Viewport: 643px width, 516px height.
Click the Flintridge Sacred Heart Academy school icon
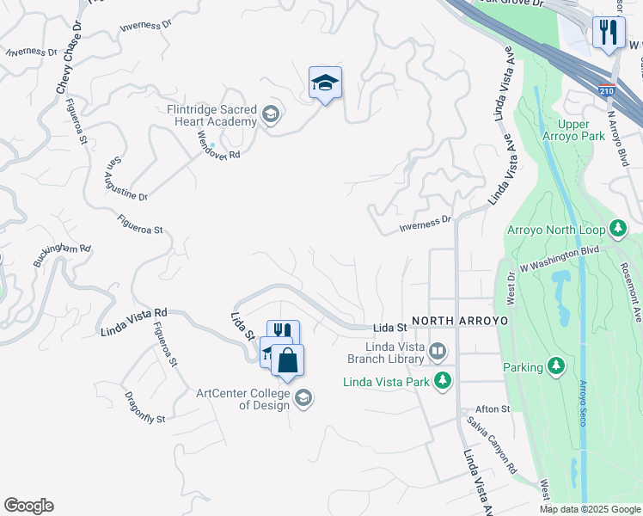click(x=271, y=114)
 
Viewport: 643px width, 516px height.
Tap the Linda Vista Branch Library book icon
click(x=438, y=350)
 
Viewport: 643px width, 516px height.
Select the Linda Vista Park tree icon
click(x=443, y=380)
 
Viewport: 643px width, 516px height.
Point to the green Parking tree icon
click(x=556, y=367)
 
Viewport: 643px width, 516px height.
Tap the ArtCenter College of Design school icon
click(x=303, y=397)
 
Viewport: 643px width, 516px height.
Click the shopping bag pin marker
click(x=287, y=360)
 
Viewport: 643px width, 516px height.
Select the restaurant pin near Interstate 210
click(x=609, y=34)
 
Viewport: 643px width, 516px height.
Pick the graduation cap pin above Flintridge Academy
click(x=325, y=83)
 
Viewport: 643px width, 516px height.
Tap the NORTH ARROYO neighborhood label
click(x=460, y=321)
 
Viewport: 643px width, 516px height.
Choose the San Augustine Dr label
click(x=126, y=179)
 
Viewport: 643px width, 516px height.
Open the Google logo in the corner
click(x=28, y=506)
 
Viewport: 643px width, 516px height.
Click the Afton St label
click(x=493, y=408)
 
